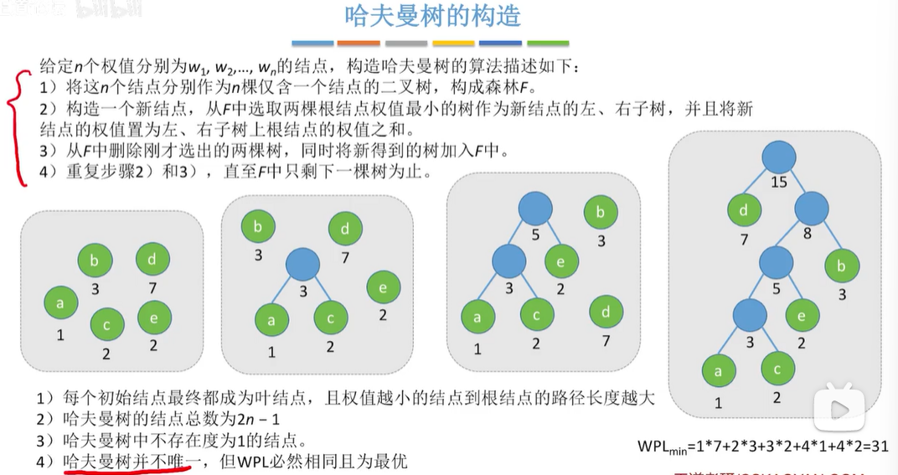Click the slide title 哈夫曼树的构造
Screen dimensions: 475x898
coord(433,16)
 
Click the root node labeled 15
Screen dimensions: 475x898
coord(779,157)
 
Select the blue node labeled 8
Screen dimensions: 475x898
coord(811,209)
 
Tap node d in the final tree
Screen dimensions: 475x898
coord(743,211)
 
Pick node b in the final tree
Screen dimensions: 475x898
coord(840,267)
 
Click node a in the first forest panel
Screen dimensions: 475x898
coord(59,302)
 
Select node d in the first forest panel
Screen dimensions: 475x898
coord(152,260)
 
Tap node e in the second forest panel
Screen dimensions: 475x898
coord(383,288)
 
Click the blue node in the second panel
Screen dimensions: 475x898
coord(302,264)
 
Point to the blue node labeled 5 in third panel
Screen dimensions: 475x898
coord(534,209)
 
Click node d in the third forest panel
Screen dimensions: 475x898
coord(606,312)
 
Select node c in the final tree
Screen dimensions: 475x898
coord(778,369)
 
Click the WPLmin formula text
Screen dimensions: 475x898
coord(761,446)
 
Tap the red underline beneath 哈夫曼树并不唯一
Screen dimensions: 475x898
coord(126,471)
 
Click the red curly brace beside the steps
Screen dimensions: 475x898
coord(14,126)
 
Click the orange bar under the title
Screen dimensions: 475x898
coord(358,43)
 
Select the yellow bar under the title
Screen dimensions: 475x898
coord(452,43)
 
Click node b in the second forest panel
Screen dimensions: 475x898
coord(258,226)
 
